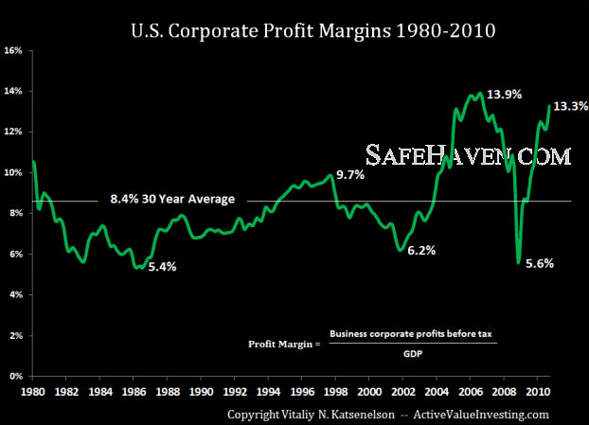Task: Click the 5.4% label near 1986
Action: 163,267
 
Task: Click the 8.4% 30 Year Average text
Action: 170,200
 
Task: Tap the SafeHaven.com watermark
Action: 470,155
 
